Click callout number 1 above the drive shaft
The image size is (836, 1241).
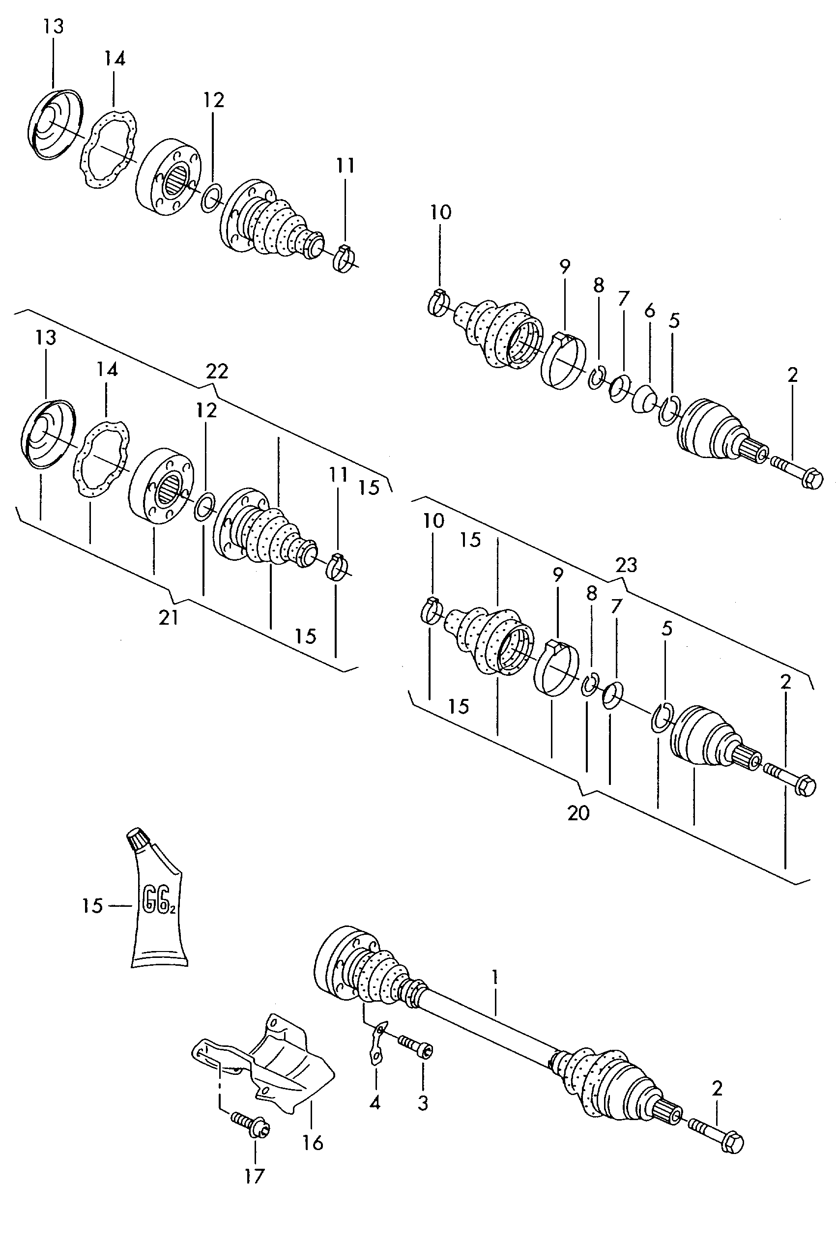click(495, 977)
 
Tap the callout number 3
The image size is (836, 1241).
click(423, 1103)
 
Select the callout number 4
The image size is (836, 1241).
click(375, 1102)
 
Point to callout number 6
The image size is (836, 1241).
click(649, 310)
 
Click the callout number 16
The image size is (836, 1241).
click(313, 1142)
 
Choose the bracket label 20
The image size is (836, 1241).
click(578, 813)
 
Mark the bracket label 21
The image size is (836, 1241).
click(169, 617)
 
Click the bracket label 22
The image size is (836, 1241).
click(217, 371)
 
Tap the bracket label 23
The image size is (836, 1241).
click(626, 565)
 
